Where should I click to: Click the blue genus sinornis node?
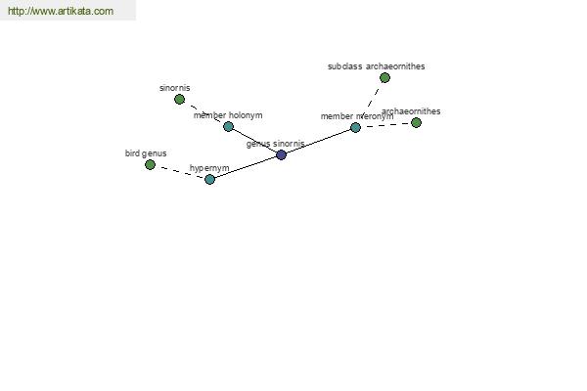point(281,154)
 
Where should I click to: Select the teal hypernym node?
point(210,179)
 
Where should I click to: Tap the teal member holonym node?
point(228,126)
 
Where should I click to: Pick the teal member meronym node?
point(356,128)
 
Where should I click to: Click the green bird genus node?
point(150,164)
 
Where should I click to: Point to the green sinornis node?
point(180,99)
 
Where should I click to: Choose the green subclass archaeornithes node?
point(384,78)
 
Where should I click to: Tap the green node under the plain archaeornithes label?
point(417,123)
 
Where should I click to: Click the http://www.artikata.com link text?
point(61,11)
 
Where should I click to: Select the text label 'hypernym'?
point(209,168)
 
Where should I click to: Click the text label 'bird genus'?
point(146,153)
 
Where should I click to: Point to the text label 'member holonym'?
point(228,115)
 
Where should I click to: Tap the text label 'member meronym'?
point(357,116)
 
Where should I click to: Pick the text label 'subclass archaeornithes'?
point(377,66)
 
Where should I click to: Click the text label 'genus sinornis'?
point(276,144)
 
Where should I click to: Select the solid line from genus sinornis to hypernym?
point(246,167)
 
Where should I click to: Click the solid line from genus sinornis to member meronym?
point(318,141)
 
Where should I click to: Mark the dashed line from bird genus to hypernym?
point(180,172)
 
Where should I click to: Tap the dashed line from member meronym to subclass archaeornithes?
point(370,103)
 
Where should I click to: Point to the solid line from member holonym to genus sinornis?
point(254,141)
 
